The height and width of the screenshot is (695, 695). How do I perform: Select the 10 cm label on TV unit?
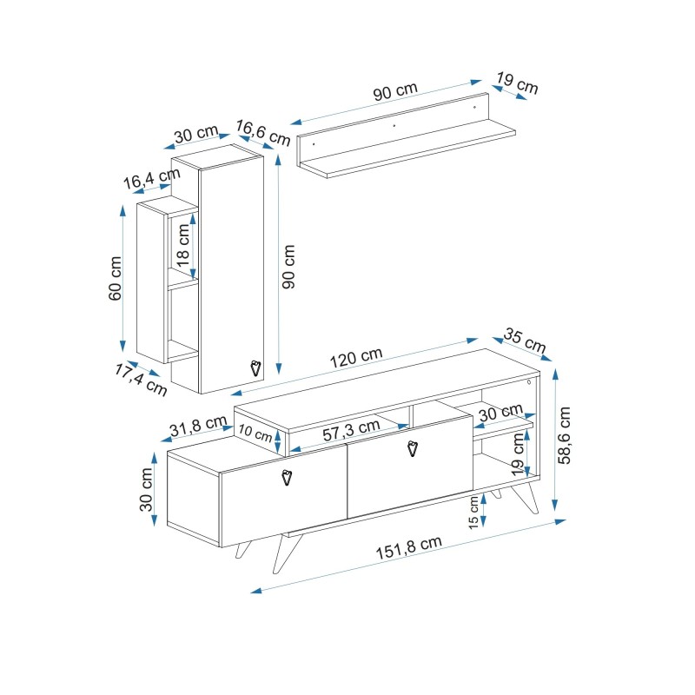tap(256, 432)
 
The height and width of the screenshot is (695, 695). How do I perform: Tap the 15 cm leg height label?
tap(473, 512)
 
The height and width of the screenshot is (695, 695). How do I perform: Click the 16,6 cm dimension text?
tap(262, 132)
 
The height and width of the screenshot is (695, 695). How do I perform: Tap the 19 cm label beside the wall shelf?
tap(517, 83)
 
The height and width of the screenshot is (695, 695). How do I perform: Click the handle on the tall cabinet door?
tap(255, 367)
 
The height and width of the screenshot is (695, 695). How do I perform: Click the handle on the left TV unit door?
tap(288, 476)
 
